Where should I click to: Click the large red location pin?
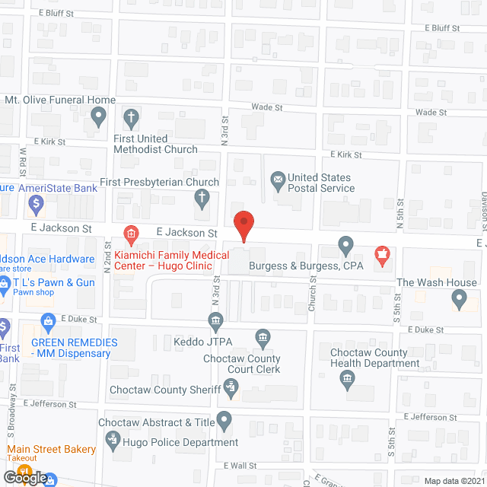point(243,224)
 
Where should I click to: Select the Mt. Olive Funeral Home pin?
point(97,116)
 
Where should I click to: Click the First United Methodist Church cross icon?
point(131,118)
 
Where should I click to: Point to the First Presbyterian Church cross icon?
point(202,199)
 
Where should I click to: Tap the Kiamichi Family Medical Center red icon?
point(131,232)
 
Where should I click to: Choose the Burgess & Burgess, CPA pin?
point(345,247)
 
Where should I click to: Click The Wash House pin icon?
point(459,299)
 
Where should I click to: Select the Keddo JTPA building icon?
point(215,319)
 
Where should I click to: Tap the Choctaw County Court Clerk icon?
point(263,337)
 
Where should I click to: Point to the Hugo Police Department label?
point(179,442)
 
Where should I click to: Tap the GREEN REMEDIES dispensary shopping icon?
point(49,321)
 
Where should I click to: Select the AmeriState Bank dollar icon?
point(35,203)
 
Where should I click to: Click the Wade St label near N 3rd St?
point(266,108)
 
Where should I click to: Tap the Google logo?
point(25,477)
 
